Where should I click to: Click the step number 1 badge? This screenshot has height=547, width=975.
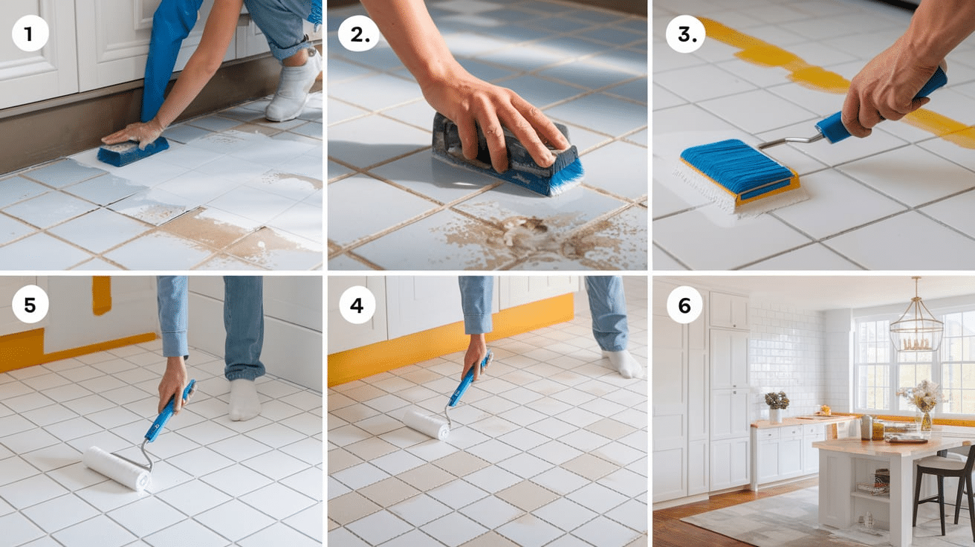(x=30, y=33)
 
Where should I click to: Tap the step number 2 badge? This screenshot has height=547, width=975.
(x=359, y=33)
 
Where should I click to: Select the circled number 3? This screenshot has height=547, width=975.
(x=684, y=34)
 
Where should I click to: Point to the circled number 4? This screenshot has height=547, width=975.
(x=357, y=305)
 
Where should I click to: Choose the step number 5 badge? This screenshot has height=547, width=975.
(x=30, y=305)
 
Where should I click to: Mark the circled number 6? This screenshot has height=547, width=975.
(x=684, y=305)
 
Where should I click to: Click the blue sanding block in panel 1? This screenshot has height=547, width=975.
(x=133, y=151)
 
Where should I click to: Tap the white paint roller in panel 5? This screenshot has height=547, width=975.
(x=117, y=468)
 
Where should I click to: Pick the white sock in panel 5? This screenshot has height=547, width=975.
(x=244, y=400)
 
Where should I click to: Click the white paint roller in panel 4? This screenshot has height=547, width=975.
(x=427, y=424)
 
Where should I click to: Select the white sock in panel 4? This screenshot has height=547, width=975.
(x=623, y=363)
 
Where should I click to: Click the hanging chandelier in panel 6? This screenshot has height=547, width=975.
(x=916, y=322)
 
